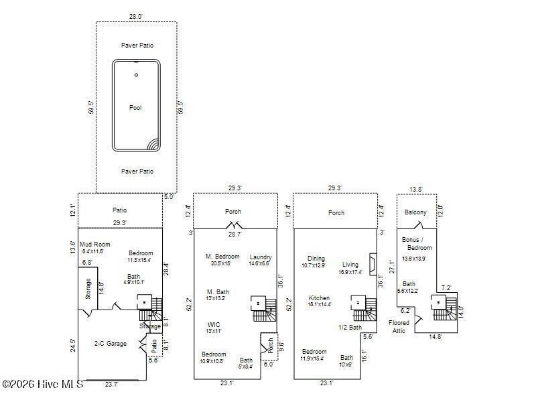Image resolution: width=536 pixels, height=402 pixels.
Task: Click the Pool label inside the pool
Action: tap(136, 107)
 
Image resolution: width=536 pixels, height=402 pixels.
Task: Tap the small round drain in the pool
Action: tap(136, 75)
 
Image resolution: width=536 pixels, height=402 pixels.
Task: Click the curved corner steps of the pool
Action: tap(153, 144)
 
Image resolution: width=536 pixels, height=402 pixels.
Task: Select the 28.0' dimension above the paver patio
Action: tap(136, 16)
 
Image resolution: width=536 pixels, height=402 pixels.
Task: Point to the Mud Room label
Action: tap(95, 245)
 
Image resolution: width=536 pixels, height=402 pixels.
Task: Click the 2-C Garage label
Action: tap(110, 344)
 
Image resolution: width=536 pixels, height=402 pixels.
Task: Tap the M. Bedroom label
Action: tap(222, 256)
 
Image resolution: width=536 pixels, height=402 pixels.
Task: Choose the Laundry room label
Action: tap(260, 257)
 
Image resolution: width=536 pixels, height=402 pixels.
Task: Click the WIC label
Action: tap(214, 324)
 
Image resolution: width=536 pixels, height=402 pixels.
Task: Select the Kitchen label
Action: tap(319, 297)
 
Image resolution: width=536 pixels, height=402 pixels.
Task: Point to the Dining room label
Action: tap(316, 259)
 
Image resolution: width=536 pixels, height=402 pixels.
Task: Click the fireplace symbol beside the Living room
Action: tap(373, 261)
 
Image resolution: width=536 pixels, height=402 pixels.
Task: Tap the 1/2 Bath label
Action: tap(350, 327)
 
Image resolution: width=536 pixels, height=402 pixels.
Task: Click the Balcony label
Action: tap(416, 212)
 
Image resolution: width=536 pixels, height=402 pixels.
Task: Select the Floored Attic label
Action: tap(400, 326)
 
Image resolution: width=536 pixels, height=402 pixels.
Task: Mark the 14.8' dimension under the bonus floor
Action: tap(435, 337)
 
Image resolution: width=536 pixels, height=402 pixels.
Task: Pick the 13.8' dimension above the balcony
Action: tap(416, 189)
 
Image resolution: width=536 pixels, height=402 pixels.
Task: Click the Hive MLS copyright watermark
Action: tap(42, 384)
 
